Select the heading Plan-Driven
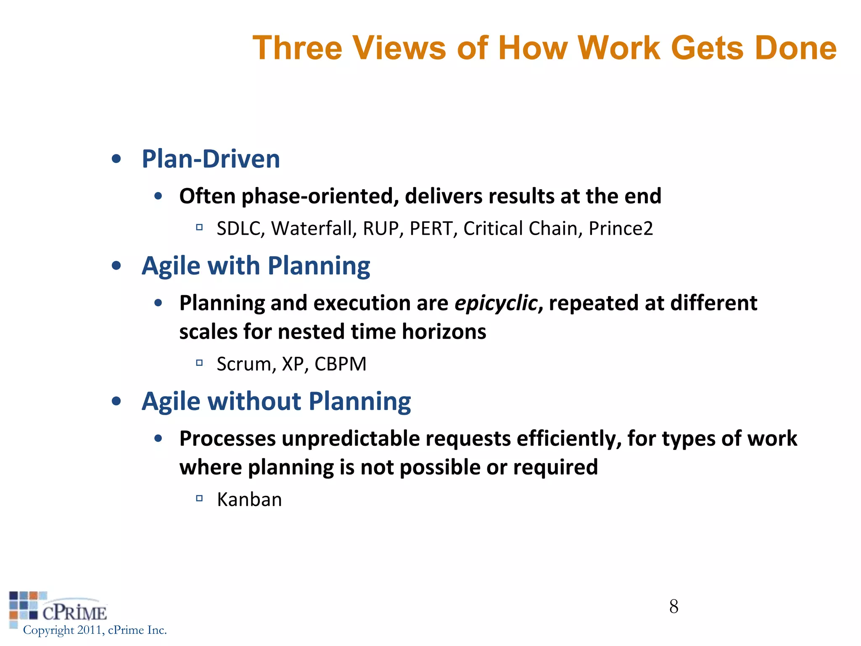tap(211, 159)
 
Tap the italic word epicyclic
tap(496, 303)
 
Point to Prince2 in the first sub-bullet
tap(621, 228)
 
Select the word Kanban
tap(249, 500)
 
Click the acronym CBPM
tap(341, 364)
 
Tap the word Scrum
tap(246, 364)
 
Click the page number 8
tap(673, 606)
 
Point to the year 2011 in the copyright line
tap(90, 630)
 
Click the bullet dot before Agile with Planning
tap(116, 266)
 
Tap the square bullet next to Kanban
tap(199, 499)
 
